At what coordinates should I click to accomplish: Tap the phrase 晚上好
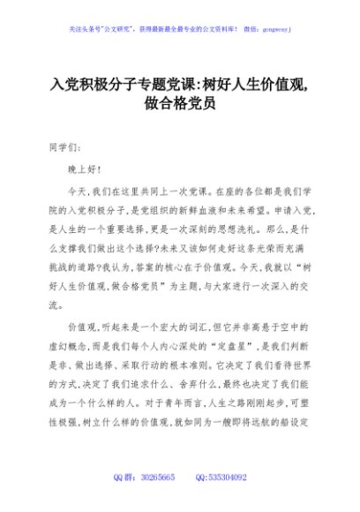85,168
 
